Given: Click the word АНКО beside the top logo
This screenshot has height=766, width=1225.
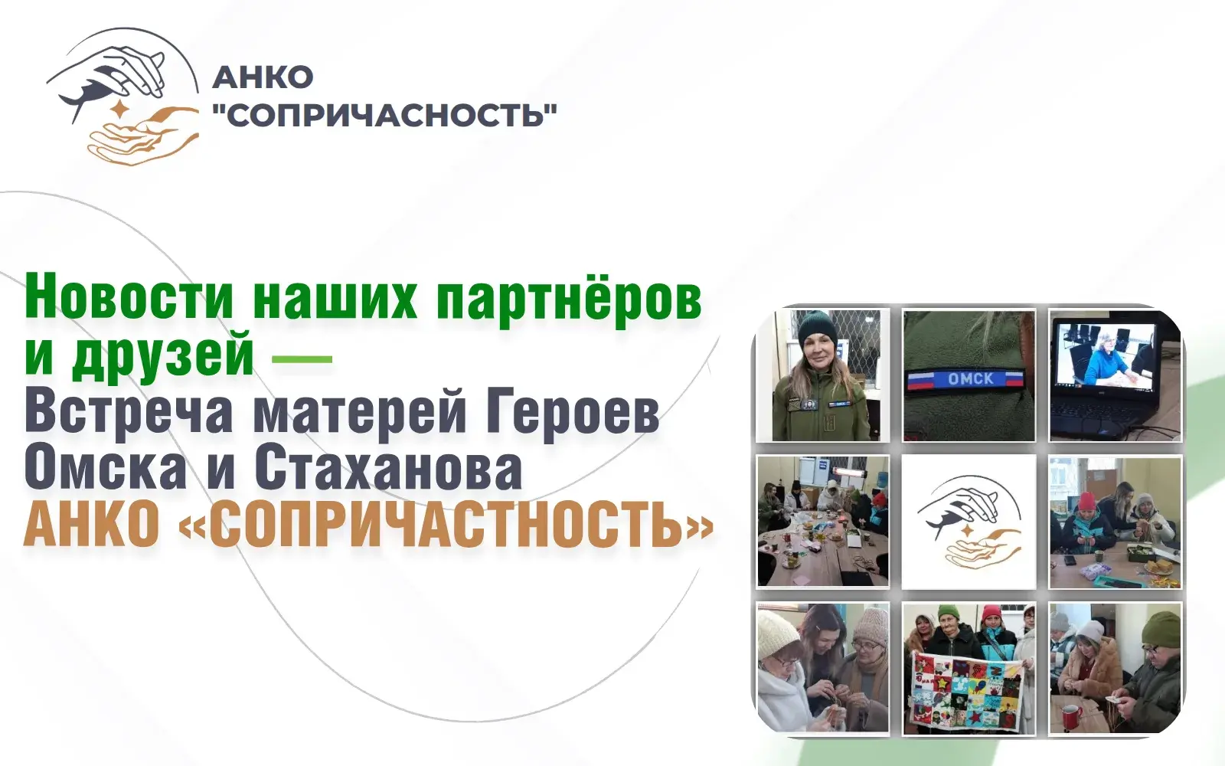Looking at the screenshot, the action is [x=263, y=77].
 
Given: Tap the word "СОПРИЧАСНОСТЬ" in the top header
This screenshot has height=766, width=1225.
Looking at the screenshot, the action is [x=385, y=116].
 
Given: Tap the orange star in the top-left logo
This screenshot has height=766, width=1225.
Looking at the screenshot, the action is [x=120, y=110].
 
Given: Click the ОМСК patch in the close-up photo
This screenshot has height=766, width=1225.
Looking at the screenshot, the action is [x=965, y=378].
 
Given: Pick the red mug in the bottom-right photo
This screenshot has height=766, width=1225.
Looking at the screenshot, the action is [x=1069, y=715].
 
